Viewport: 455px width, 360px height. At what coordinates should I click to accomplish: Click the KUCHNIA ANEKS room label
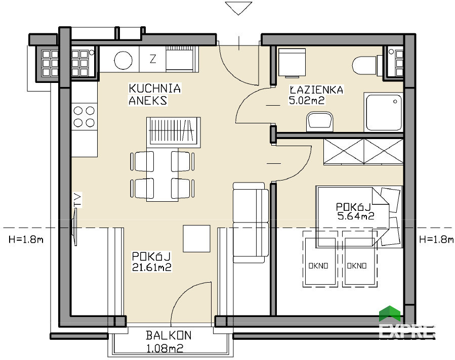pyautogui.click(x=155, y=94)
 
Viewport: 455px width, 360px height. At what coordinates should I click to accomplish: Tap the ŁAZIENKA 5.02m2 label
pyautogui.click(x=316, y=95)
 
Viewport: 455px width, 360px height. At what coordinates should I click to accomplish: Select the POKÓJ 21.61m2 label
pyautogui.click(x=151, y=262)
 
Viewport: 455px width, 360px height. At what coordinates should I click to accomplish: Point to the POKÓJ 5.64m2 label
pyautogui.click(x=355, y=211)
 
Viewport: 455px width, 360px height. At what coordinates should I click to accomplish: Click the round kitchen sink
pyautogui.click(x=123, y=60)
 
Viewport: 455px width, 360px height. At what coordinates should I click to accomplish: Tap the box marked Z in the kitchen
pyautogui.click(x=153, y=59)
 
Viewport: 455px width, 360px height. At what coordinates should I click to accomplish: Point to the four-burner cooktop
pyautogui.click(x=84, y=116)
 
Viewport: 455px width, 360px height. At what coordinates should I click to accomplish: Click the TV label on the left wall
pyautogui.click(x=77, y=200)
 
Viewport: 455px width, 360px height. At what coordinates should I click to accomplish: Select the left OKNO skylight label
pyautogui.click(x=318, y=265)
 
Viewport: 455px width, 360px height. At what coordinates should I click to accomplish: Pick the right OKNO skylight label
pyautogui.click(x=357, y=265)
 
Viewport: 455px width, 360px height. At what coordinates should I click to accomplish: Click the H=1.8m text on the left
pyautogui.click(x=26, y=240)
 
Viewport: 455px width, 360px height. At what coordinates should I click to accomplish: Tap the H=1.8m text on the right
pyautogui.click(x=436, y=240)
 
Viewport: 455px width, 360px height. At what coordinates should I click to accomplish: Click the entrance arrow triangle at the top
pyautogui.click(x=238, y=8)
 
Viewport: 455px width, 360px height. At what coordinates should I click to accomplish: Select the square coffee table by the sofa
pyautogui.click(x=196, y=238)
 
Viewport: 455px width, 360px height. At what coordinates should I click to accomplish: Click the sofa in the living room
pyautogui.click(x=251, y=222)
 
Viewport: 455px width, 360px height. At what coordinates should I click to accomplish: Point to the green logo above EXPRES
pyautogui.click(x=390, y=313)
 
